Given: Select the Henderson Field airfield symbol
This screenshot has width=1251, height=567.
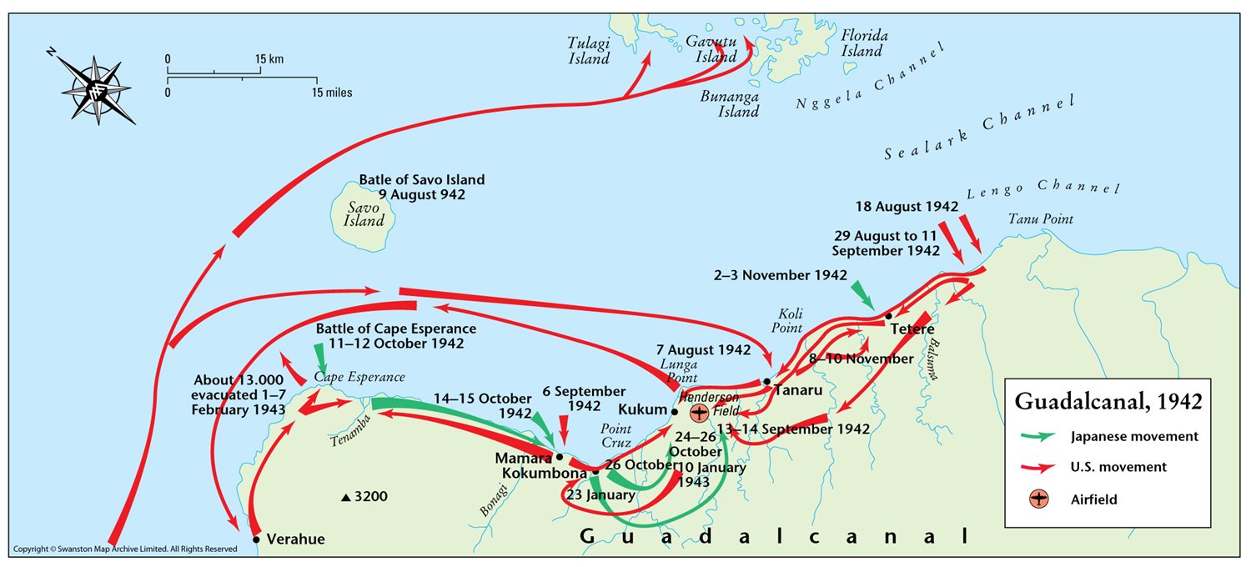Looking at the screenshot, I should point(699,412).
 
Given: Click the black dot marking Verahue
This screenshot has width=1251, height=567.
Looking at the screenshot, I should point(256,539).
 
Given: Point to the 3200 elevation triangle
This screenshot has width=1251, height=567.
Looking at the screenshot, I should point(345,499).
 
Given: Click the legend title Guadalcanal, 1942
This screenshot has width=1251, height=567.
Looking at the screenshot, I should point(1108,401).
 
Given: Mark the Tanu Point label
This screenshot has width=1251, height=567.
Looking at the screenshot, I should point(1040,219).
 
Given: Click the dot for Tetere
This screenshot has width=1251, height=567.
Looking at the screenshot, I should point(889,316).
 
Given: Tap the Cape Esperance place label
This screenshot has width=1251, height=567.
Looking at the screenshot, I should point(359,378).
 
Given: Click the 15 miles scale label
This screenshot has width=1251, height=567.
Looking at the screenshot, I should point(332,93).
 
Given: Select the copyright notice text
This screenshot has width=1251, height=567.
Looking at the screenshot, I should point(125,549).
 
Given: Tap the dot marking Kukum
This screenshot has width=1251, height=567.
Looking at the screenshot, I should point(675,411).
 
